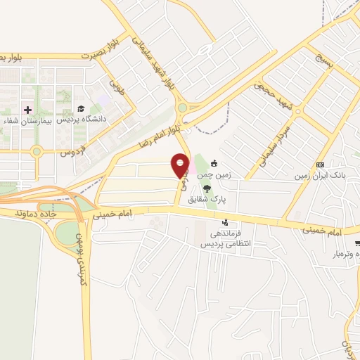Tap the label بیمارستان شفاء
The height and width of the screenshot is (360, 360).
28,120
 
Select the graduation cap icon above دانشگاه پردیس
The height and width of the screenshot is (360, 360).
81,109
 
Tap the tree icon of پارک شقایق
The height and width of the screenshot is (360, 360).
206,188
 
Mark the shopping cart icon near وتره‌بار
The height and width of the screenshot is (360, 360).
357,243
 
